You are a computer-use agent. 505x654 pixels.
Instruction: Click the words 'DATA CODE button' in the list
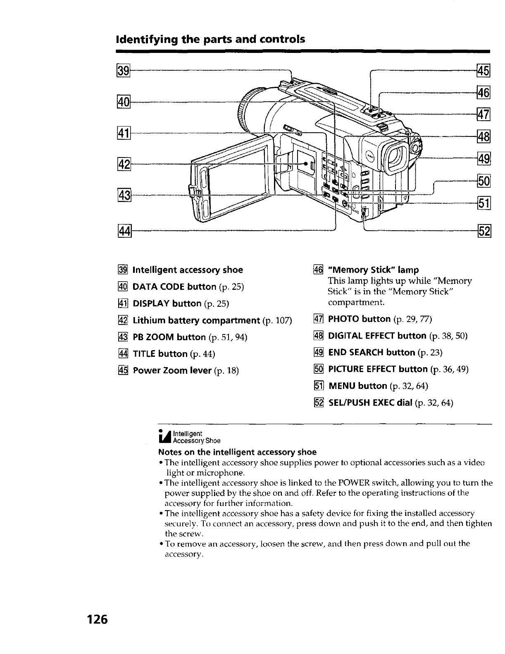point(174,287)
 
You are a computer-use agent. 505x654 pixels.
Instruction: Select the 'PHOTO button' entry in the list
point(359,319)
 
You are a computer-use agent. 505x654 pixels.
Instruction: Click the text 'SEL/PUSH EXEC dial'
point(370,403)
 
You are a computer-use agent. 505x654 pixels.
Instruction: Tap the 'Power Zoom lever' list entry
point(172,370)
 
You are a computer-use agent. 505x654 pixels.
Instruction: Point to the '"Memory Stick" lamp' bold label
point(373,270)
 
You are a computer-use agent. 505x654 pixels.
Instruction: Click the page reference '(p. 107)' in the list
point(277,321)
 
